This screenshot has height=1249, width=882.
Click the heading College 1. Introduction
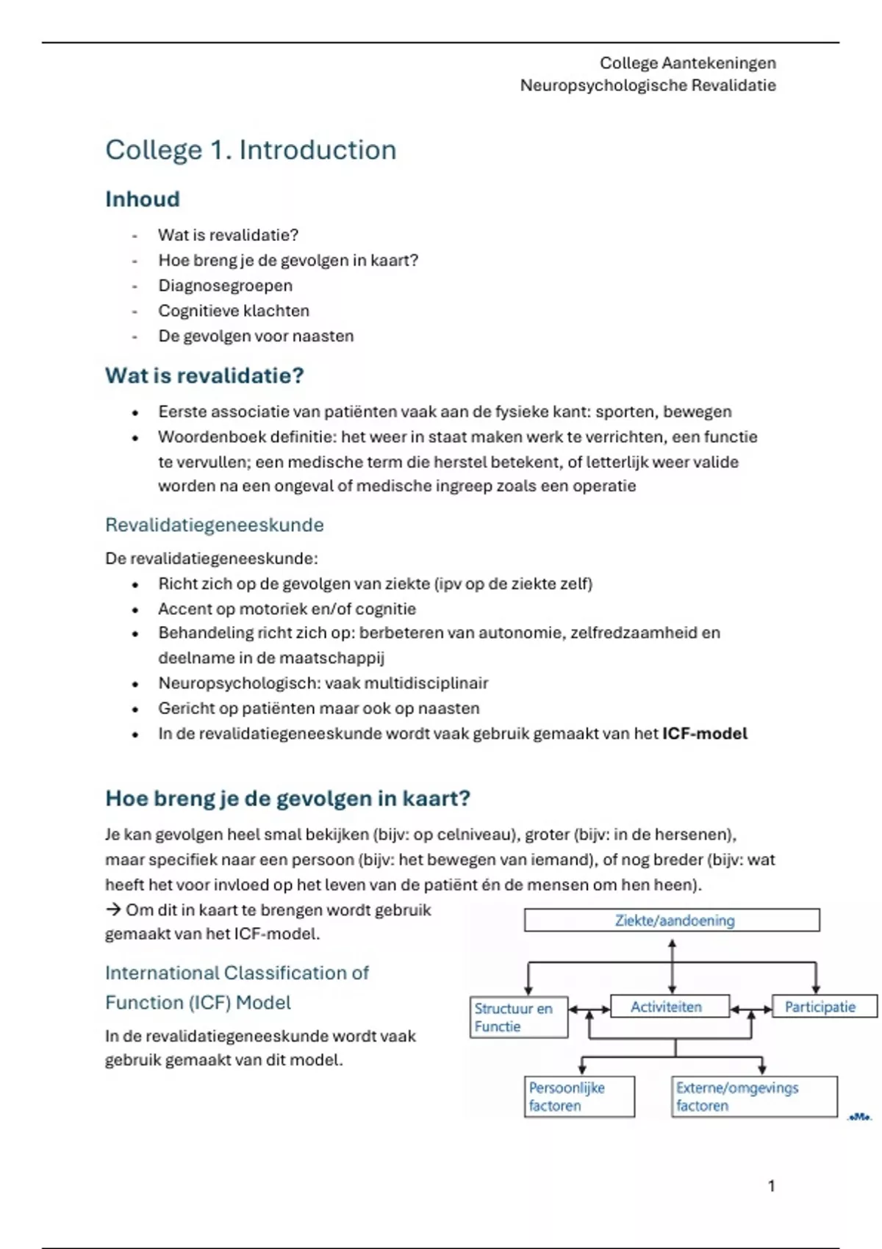[x=251, y=150]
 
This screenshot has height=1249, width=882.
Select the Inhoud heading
[x=143, y=199]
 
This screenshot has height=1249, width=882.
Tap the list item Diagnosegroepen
[x=225, y=286]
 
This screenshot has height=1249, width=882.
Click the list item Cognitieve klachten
[x=233, y=311]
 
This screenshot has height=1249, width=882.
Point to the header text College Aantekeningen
[x=687, y=63]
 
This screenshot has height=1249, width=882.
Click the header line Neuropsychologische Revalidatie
[x=648, y=85]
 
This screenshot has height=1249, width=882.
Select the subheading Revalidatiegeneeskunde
[x=214, y=525]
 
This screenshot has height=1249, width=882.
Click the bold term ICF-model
[x=704, y=733]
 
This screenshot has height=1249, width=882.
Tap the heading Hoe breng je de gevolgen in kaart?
[x=287, y=799]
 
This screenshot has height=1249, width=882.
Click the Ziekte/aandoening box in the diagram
[x=672, y=921]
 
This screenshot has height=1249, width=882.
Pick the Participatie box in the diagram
[x=823, y=1007]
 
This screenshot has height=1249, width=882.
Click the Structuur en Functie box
[x=518, y=1018]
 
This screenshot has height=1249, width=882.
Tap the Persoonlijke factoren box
[x=579, y=1097]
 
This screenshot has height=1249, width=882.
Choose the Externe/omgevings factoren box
[x=753, y=1097]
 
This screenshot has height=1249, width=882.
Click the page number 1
[x=771, y=1186]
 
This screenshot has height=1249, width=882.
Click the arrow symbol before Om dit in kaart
[x=112, y=910]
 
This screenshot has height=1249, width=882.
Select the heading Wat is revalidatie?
[x=204, y=376]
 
